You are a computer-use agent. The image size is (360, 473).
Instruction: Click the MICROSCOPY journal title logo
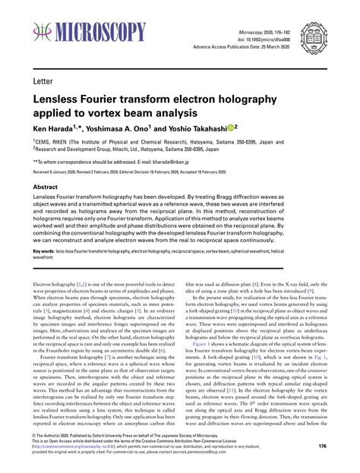89,32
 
